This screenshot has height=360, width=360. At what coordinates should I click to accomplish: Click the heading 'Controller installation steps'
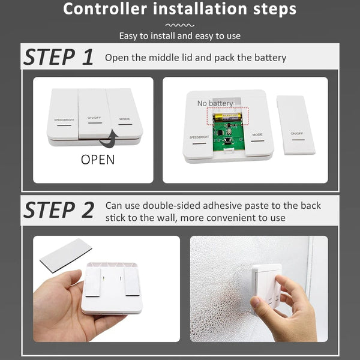pos(179,10)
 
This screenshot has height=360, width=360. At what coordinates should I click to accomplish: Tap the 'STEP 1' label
pos(59,57)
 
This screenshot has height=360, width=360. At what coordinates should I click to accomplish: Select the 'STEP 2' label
pos(59,209)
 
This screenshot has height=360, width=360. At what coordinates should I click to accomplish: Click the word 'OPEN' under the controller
pos(98,160)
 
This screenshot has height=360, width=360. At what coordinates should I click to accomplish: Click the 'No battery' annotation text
pos(215,103)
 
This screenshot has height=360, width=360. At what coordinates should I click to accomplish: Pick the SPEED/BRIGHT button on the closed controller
pos(62,114)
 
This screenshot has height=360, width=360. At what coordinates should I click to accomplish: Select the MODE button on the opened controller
pos(257,129)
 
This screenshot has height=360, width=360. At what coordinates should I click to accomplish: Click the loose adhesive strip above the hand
pos(65,255)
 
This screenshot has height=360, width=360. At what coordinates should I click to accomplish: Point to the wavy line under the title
pos(179,25)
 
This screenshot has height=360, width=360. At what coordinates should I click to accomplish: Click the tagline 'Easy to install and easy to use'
pos(179,36)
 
